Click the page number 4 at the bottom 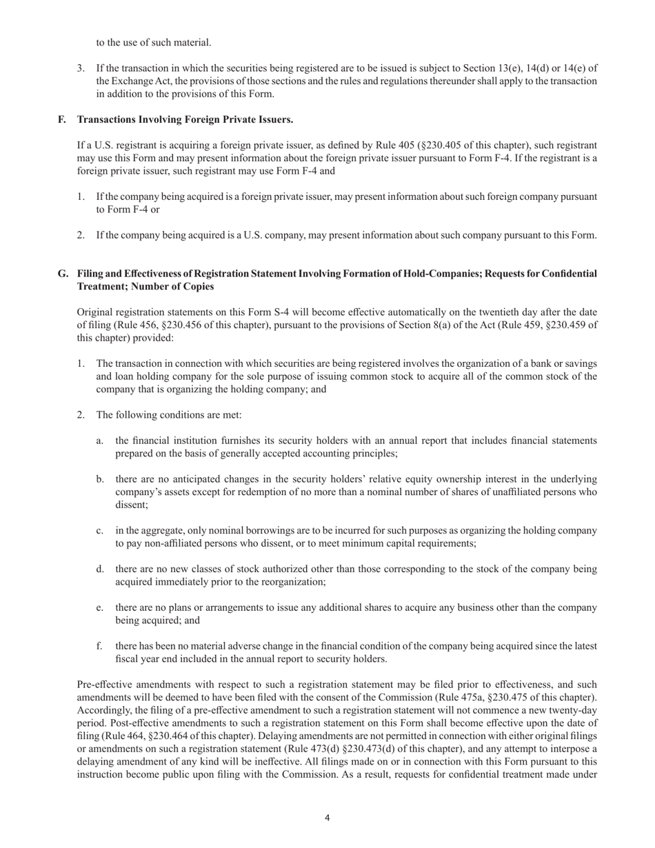tap(327, 818)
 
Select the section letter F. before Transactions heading tap(62, 119)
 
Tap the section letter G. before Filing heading tap(63, 274)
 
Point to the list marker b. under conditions tap(101, 479)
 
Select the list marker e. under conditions tap(101, 608)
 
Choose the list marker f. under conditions tap(100, 647)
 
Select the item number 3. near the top tap(81, 68)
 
